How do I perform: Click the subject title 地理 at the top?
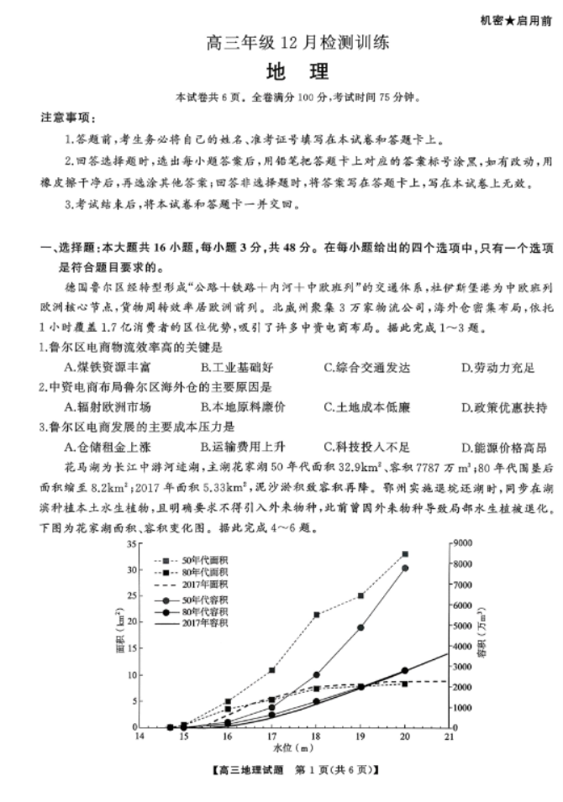click(x=281, y=70)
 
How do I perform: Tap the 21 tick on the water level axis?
click(x=449, y=736)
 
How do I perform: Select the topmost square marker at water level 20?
click(x=405, y=554)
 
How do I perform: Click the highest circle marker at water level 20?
click(x=405, y=569)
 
